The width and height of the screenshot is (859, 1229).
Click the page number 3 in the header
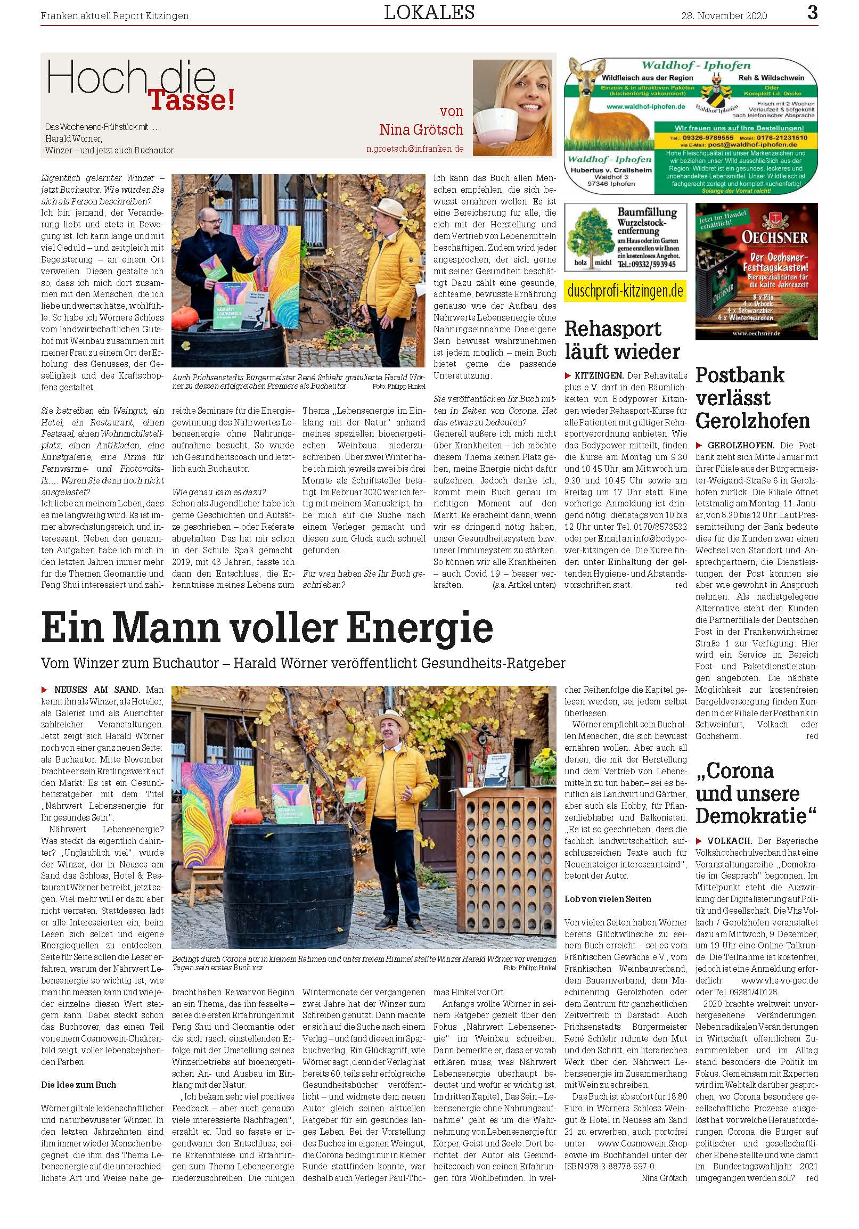click(812, 12)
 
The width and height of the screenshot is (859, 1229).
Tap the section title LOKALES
click(429, 12)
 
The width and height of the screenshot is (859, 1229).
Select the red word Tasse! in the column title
click(191, 100)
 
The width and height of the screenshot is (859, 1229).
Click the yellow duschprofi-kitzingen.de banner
click(625, 291)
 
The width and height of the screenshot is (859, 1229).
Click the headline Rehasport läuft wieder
click(622, 340)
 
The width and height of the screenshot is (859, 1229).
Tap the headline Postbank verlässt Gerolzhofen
click(752, 398)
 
